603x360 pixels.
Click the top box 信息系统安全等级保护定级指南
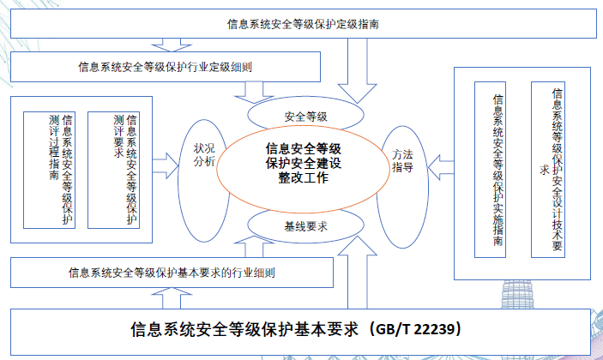[x=300, y=24]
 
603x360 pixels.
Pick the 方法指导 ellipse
[x=403, y=162]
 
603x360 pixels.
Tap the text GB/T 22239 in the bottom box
[x=425, y=327]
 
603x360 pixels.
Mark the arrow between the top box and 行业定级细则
[x=162, y=44]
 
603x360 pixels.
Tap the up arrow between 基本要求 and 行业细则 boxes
[x=162, y=297]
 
